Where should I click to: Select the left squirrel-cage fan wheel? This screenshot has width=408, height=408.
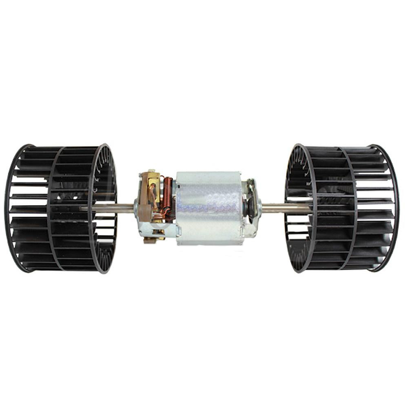point(61,208)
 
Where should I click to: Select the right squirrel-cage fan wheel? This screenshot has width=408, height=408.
point(343,208)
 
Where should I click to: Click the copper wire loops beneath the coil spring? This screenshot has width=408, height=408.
point(165,212)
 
